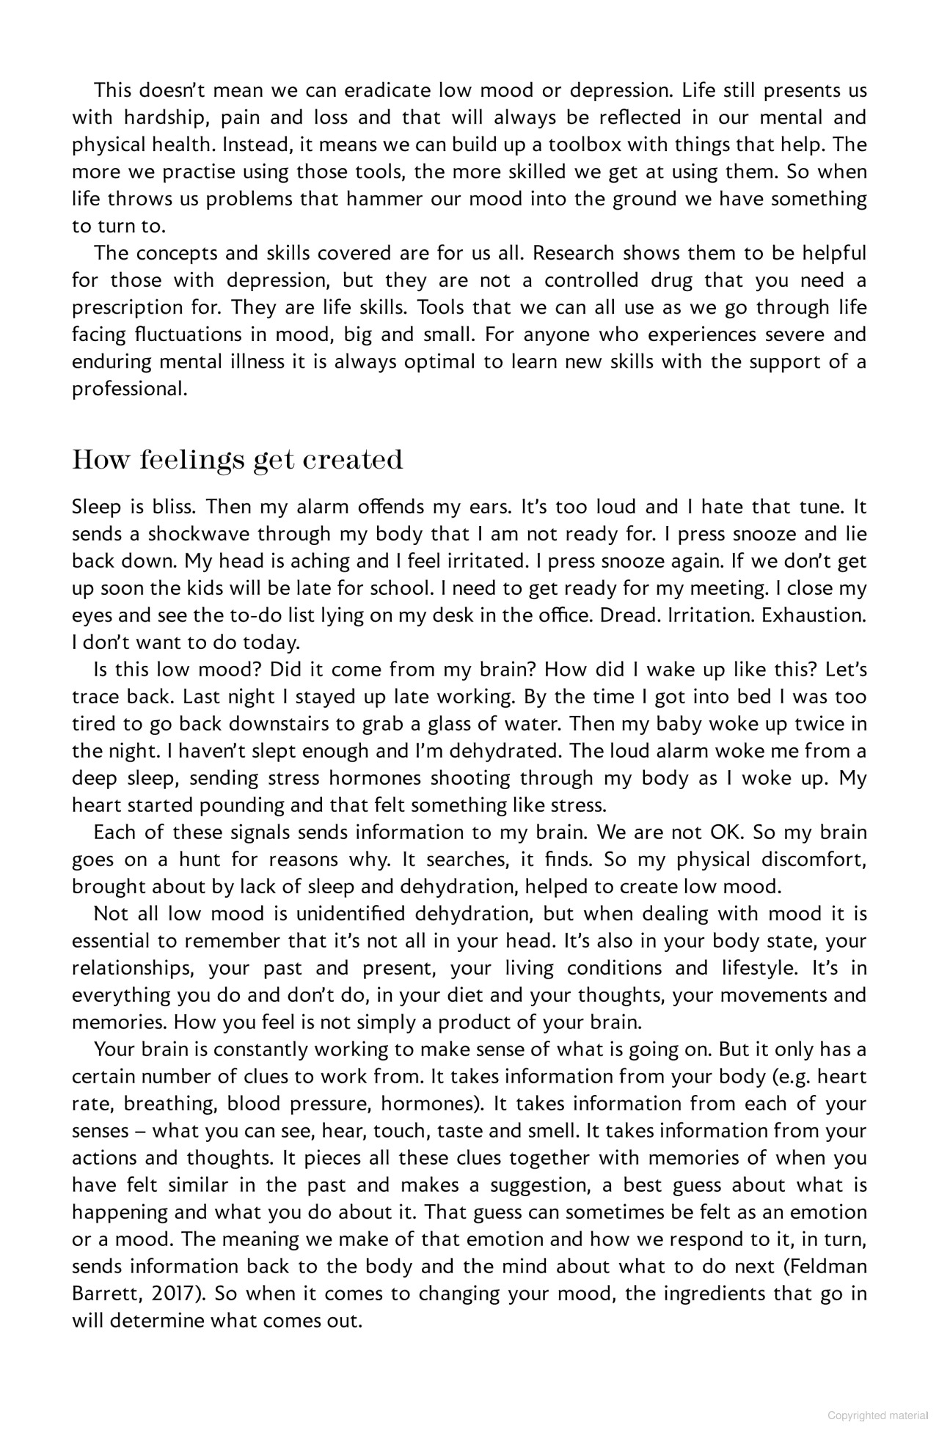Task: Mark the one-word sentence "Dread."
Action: (630, 615)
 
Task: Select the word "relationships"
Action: (133, 969)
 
